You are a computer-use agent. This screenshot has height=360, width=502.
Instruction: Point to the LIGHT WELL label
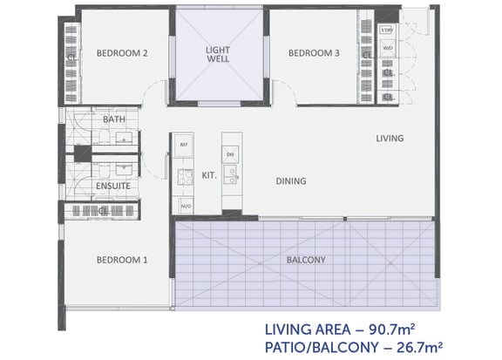click(217, 56)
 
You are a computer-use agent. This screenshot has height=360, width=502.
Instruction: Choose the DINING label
click(290, 181)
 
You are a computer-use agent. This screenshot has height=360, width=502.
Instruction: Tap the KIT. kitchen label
click(209, 174)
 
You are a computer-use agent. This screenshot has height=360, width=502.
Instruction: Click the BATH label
click(113, 119)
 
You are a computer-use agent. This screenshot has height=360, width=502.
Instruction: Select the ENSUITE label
click(112, 187)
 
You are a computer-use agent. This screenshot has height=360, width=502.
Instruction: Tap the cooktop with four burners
click(184, 177)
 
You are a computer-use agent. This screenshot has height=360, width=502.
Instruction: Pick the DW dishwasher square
click(231, 154)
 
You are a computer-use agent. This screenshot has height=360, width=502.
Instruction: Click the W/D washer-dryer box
click(388, 49)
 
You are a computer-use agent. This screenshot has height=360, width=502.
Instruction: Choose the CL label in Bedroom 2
click(71, 58)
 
